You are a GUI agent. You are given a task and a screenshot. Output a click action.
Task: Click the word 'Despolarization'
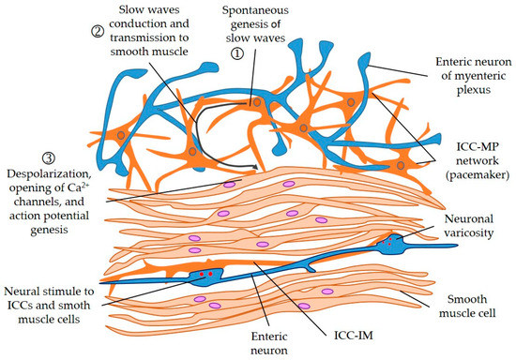click(47, 172)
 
